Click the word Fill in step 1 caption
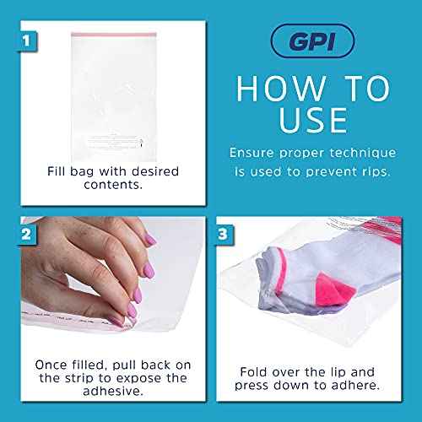click(x=57, y=171)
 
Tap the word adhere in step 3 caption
click(x=356, y=387)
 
